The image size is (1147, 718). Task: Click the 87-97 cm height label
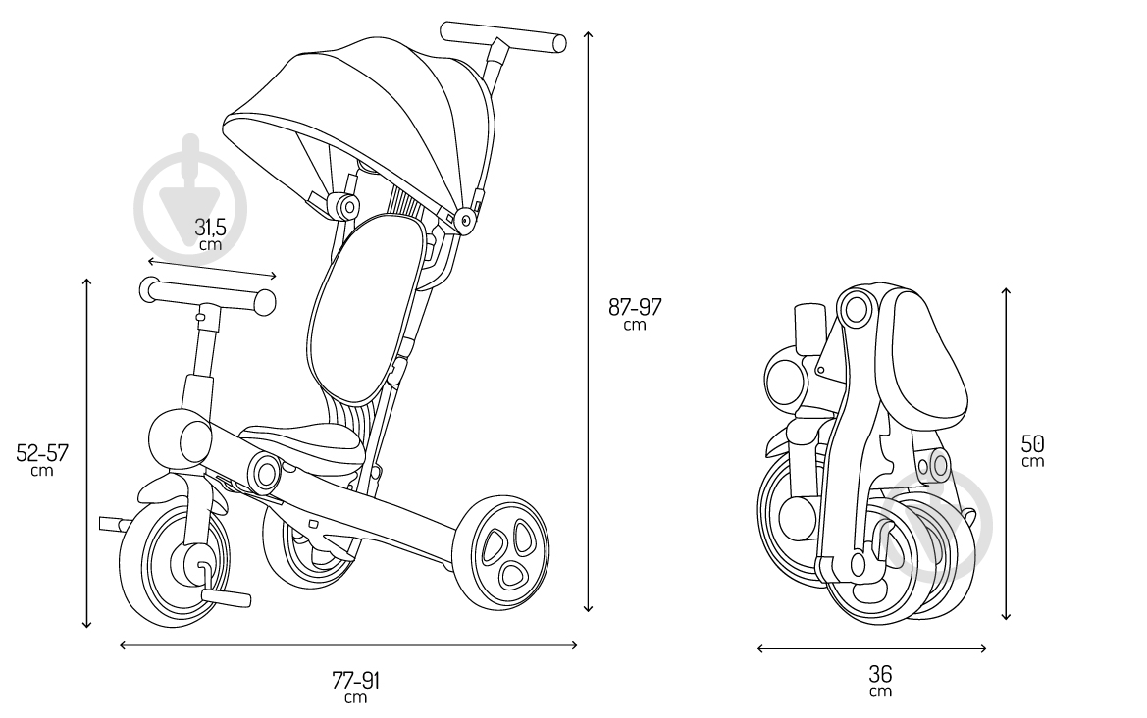click(x=635, y=313)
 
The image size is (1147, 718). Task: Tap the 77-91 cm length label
click(x=356, y=687)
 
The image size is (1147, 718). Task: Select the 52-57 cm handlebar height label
click(x=42, y=459)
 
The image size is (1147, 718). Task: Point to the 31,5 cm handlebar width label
click(x=210, y=233)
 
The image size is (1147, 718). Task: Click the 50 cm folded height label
click(x=1033, y=450)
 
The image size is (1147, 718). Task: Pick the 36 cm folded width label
click(x=881, y=680)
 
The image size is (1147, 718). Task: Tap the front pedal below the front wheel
click(x=226, y=597)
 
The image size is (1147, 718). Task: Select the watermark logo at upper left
click(x=191, y=191)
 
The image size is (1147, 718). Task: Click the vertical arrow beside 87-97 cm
click(x=588, y=322)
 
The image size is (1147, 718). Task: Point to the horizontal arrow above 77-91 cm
click(x=348, y=644)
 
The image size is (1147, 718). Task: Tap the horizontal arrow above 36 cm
click(x=872, y=647)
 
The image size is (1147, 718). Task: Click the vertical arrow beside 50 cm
click(x=1007, y=453)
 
